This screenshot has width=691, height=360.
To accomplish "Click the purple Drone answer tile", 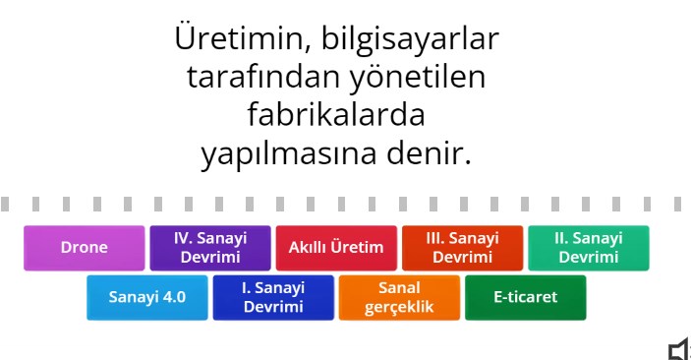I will click(85, 248).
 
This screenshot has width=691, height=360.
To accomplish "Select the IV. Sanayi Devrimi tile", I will click(209, 248).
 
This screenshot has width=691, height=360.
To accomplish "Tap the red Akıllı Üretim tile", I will click(336, 248).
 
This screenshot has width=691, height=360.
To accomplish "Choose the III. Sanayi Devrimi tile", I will click(462, 248).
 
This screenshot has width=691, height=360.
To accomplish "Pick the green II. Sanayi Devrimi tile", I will click(588, 248).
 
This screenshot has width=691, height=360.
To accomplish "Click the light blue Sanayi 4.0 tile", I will click(147, 297).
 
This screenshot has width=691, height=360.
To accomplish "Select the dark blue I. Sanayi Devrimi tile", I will click(273, 297).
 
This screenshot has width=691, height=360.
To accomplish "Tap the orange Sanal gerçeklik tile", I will click(399, 297).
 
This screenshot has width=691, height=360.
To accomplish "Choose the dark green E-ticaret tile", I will click(525, 297).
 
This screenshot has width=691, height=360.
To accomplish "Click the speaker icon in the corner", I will click(678, 349).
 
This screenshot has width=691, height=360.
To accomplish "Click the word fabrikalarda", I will click(336, 115).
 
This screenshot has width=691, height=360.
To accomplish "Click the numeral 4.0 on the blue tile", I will click(172, 297).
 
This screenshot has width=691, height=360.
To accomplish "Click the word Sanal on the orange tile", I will click(399, 288).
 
